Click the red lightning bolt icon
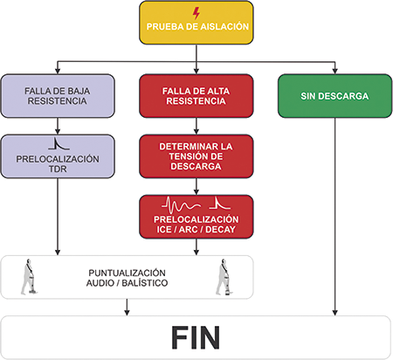pos(196,13)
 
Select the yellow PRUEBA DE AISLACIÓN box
pos(196,23)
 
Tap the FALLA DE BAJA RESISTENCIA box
pos(58,96)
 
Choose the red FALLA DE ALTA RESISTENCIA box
pos(196,96)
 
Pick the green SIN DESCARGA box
pos(334,96)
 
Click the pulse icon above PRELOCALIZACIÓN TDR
pos(59,143)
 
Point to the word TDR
pos(58,169)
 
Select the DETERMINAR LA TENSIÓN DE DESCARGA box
pos(196,156)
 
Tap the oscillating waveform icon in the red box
pos(182,205)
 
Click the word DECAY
pos(220,230)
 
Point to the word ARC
pos(188,230)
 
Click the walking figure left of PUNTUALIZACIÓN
pos(29,277)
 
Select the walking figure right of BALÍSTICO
pos(224,277)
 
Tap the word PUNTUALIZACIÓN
pos(127,273)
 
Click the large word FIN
pos(196,337)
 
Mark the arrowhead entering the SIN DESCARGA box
pos(334,72)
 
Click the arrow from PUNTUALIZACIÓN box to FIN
pos(127,307)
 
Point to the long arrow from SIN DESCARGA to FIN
pos(334,217)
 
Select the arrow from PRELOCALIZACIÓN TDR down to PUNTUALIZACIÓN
pos(58,217)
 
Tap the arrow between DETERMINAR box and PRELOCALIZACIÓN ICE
pos(196,187)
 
